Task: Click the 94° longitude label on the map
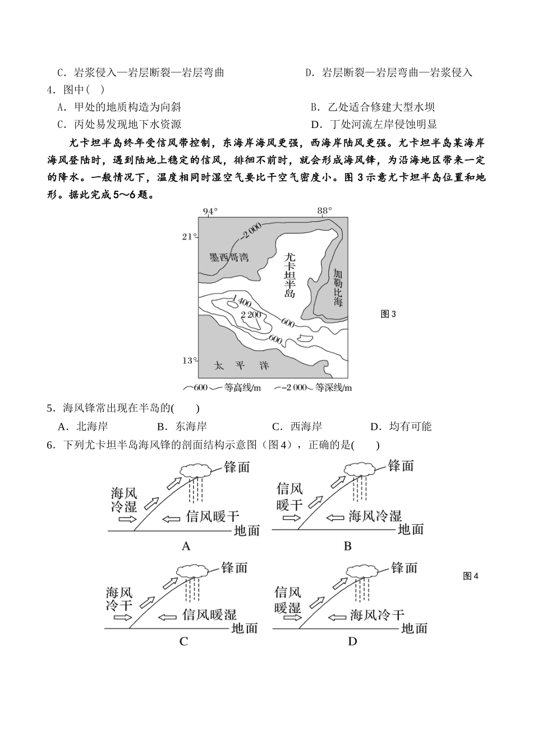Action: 209,211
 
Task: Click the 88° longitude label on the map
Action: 324,211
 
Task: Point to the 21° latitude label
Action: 189,237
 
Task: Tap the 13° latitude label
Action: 189,360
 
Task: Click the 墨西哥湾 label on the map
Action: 228,258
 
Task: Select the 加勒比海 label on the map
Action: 337,287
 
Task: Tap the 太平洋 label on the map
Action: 241,366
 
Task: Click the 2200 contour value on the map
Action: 251,314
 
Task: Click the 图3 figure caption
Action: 388,314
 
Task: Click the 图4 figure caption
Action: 471,576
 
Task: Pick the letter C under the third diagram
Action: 183,641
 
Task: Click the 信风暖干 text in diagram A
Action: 213,516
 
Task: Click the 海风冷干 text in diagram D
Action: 376,615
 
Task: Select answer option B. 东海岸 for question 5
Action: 182,427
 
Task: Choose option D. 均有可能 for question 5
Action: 401,427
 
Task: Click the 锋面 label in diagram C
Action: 235,568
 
